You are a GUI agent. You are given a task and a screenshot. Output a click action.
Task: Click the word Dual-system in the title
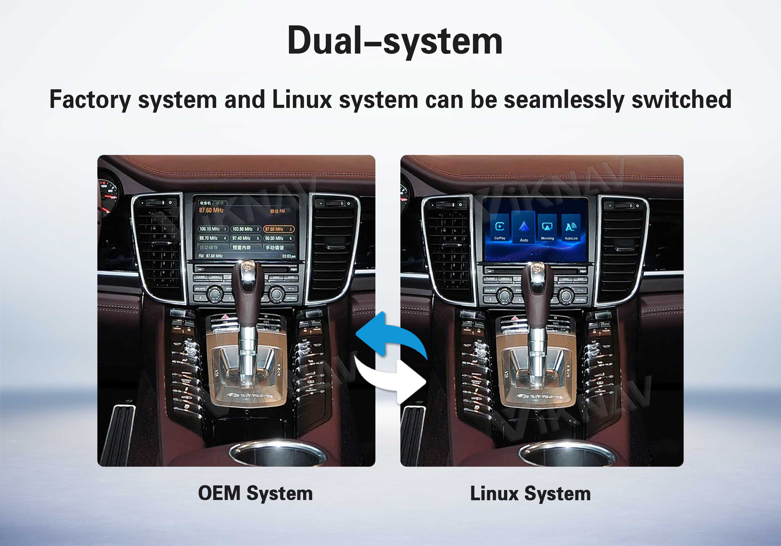click(x=395, y=41)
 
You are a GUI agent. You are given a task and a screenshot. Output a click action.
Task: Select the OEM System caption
click(x=255, y=493)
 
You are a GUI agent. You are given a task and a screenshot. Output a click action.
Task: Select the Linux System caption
click(x=530, y=493)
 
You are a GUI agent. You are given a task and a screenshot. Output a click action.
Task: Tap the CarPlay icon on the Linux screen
click(x=500, y=228)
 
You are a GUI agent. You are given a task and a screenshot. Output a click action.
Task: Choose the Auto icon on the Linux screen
click(x=524, y=228)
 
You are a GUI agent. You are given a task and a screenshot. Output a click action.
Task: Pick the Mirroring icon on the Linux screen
click(x=547, y=228)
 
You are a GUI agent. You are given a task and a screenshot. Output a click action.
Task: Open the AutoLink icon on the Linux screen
click(x=571, y=228)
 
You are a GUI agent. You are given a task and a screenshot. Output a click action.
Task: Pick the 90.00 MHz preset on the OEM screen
click(x=279, y=238)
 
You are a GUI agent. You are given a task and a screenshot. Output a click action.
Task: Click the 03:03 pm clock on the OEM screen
click(x=288, y=256)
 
